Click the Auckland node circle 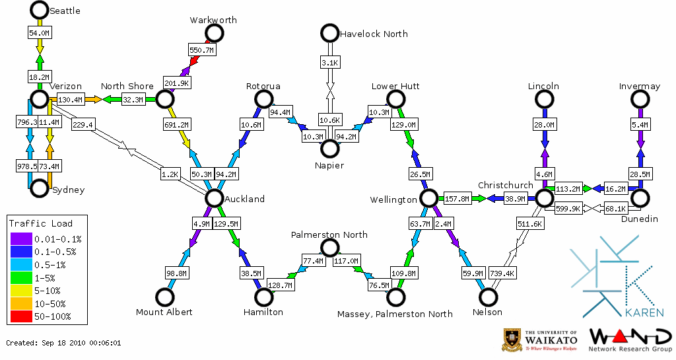point(214,198)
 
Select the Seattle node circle point(39,10)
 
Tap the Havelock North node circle point(329,32)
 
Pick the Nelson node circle point(489,297)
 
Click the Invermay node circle point(640,99)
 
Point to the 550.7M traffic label point(202,50)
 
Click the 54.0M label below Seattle point(39,32)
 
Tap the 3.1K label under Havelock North point(329,63)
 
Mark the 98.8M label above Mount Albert point(176,273)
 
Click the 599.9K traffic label point(568,208)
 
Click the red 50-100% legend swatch point(20,316)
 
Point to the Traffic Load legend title point(40,223)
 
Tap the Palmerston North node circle point(329,248)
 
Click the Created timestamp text point(63,343)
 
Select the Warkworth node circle point(214,33)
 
